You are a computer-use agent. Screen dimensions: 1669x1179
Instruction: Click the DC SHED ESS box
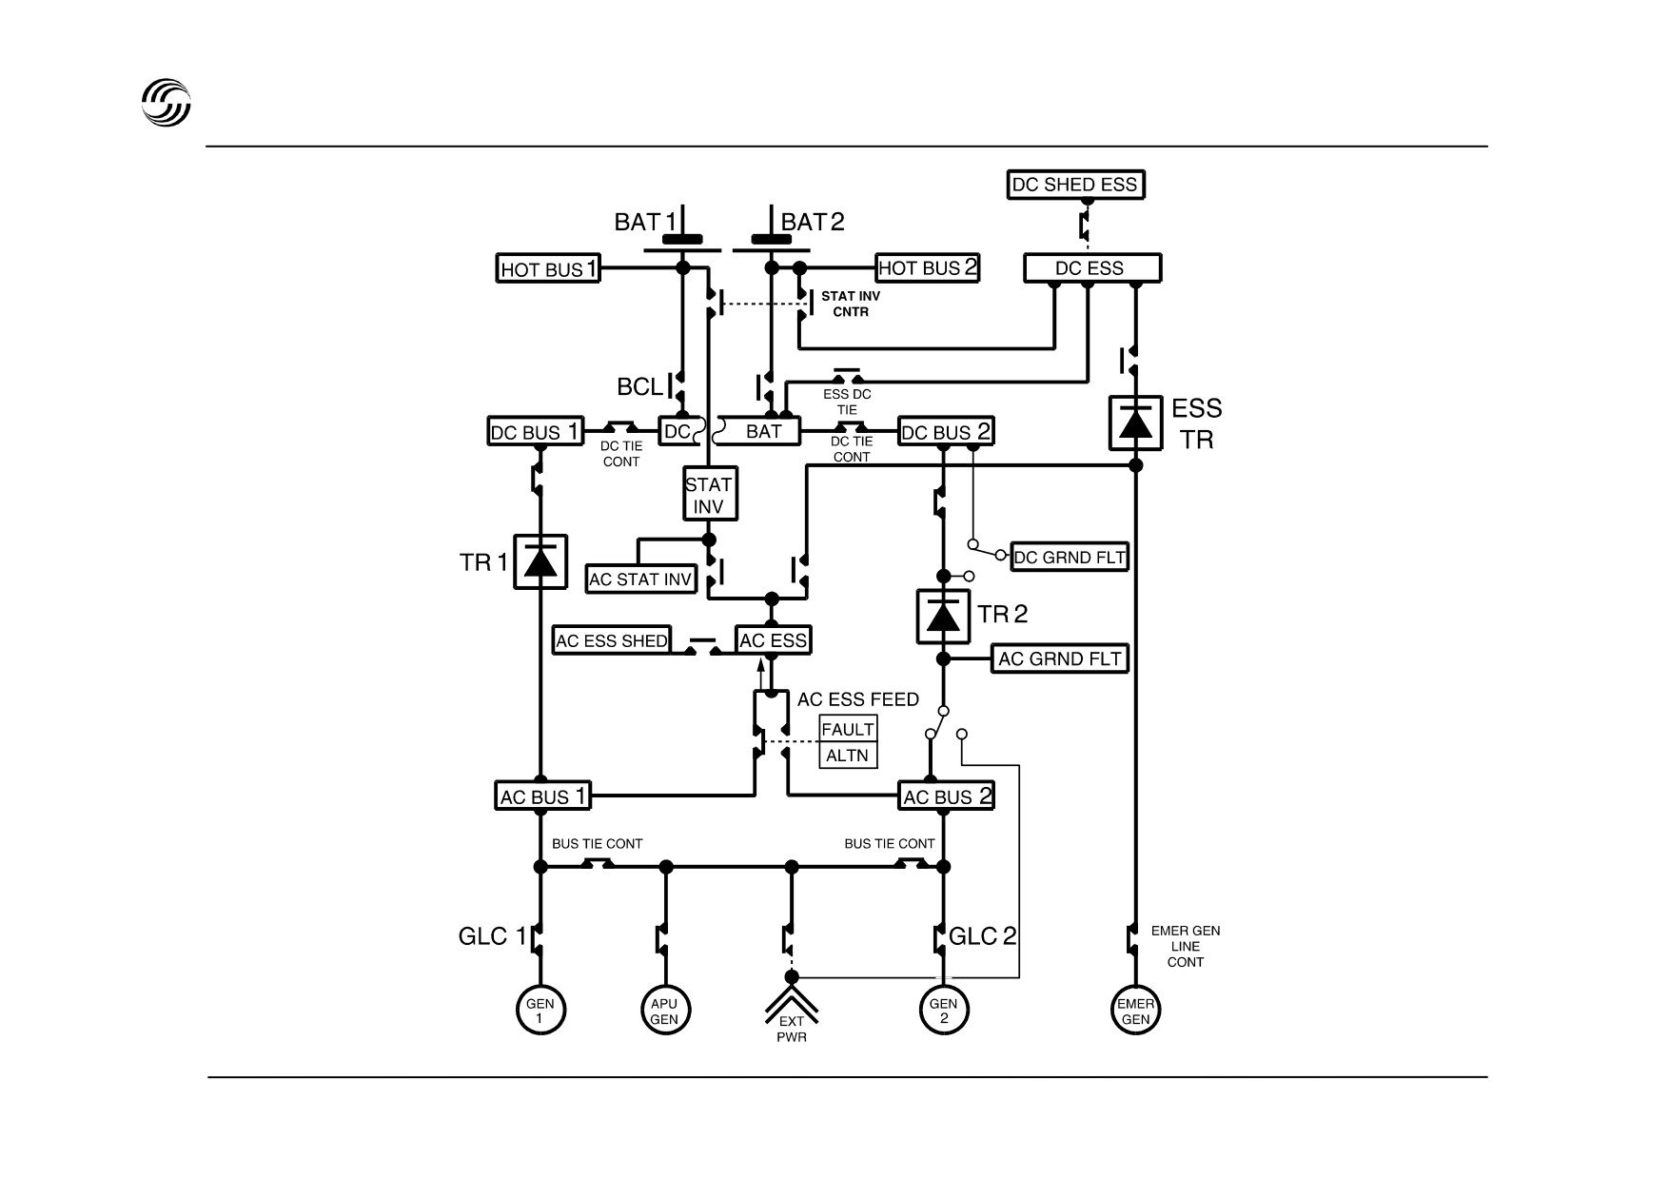pos(1075,185)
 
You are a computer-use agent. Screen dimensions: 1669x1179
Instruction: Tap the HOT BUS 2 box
pos(928,267)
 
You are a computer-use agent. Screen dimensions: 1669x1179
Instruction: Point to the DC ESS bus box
pos(1092,267)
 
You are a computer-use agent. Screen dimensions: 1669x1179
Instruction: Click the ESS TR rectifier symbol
pos(1135,422)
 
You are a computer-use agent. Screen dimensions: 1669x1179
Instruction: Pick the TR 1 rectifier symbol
pos(540,561)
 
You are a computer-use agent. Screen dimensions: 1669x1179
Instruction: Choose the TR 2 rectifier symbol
pos(943,616)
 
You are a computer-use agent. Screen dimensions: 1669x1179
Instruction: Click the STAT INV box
pos(710,495)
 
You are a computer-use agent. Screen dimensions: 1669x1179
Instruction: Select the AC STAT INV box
pos(641,579)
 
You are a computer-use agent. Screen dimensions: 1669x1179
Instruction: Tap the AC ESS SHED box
pos(612,640)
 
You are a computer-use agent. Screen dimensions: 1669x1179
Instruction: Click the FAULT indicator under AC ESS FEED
pos(848,730)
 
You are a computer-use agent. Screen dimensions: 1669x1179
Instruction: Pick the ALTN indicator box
pos(848,756)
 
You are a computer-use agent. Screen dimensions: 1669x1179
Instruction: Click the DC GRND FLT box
pos(1070,557)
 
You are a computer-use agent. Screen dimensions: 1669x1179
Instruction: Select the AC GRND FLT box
pos(1060,658)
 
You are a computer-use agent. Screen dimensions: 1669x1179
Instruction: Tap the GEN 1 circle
pos(540,1011)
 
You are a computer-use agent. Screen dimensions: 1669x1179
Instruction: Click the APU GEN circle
pos(664,1011)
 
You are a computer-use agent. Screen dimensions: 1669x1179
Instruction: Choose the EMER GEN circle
pos(1136,1011)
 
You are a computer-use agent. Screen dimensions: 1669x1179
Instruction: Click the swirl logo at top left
pos(167,102)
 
